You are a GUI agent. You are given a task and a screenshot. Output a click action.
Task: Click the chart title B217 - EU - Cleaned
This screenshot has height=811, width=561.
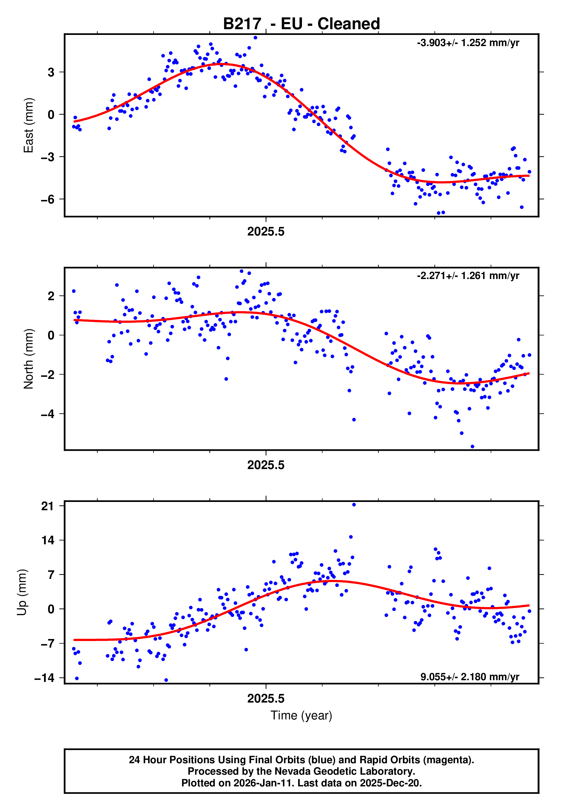point(301,24)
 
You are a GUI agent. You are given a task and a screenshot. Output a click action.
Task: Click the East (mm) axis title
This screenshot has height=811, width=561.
point(29,125)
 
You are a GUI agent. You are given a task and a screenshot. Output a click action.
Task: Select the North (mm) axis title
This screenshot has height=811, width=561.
point(29,359)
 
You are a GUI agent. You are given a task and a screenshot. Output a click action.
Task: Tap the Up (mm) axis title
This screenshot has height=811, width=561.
point(22,592)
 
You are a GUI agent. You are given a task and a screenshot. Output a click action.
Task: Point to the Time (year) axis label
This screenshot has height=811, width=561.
point(301,715)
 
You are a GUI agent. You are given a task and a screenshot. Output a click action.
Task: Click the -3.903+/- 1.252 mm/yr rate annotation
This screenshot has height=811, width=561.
point(468,43)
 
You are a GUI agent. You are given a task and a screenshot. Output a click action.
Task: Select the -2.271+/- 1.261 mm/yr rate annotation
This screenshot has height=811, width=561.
point(468,276)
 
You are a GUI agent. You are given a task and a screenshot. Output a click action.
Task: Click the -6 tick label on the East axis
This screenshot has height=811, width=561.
point(48,199)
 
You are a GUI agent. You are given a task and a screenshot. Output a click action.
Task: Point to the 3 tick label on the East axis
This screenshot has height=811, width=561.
point(51,72)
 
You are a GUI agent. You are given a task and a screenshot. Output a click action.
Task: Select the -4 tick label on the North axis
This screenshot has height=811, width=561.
point(48,414)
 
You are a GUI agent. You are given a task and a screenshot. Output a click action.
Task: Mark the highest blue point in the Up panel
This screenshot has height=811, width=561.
point(354,505)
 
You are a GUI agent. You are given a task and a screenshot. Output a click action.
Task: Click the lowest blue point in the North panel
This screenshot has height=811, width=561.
point(472,447)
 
